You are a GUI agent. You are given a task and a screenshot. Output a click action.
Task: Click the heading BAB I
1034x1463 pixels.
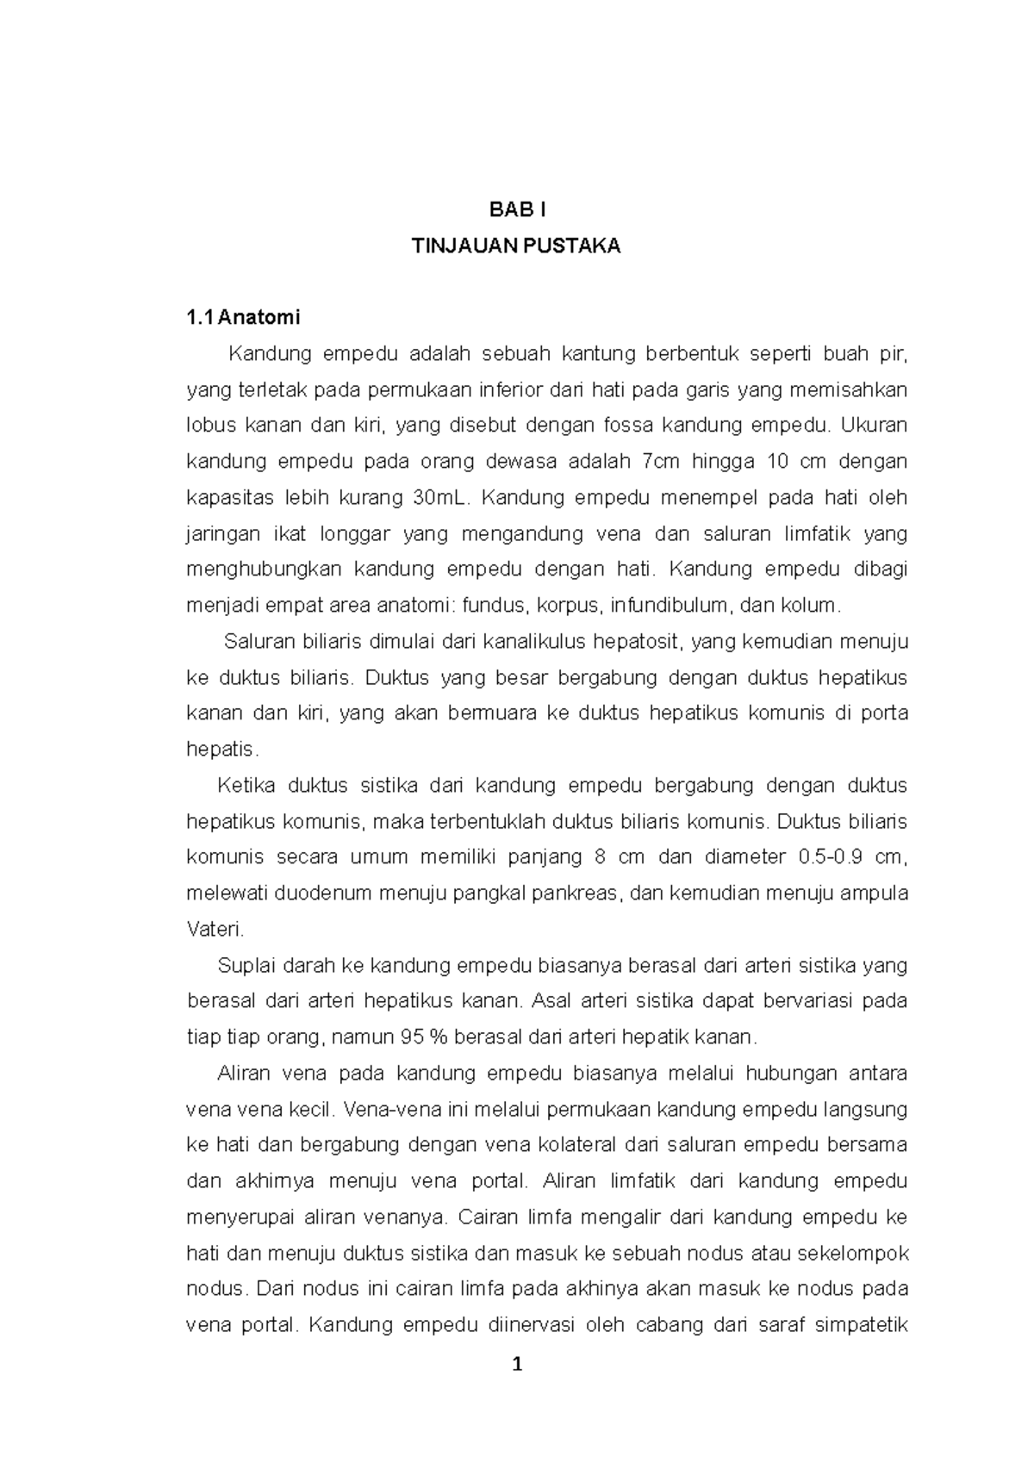517,209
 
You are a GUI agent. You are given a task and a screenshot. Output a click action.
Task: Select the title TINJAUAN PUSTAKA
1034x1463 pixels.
516,246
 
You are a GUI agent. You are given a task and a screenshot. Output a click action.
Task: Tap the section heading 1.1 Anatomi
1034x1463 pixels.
244,318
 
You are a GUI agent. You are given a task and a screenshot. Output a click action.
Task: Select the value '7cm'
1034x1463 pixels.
662,462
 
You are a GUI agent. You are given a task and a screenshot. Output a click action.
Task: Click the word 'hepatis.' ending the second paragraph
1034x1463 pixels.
222,750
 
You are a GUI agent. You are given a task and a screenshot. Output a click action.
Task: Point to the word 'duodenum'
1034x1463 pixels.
315,893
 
